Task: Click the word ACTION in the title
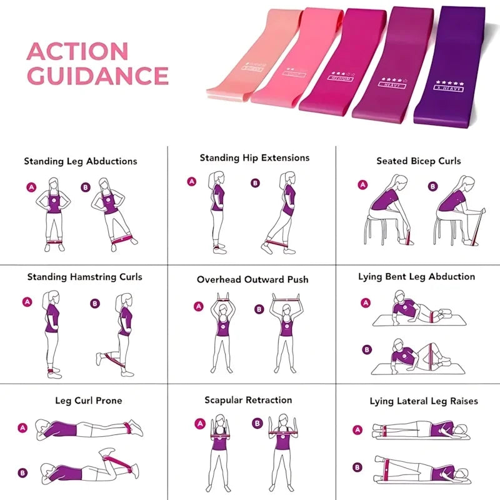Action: pyautogui.click(x=77, y=51)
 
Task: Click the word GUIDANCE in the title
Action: pyautogui.click(x=98, y=76)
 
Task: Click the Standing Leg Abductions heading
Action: pyautogui.click(x=81, y=161)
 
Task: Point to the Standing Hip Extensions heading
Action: pyautogui.click(x=254, y=158)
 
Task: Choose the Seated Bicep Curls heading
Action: pyautogui.click(x=418, y=161)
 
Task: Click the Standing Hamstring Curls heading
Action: pyautogui.click(x=84, y=277)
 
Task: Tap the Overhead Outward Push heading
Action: pyautogui.click(x=252, y=279)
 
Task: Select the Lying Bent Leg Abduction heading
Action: pyautogui.click(x=416, y=276)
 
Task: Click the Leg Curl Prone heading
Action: pyautogui.click(x=88, y=401)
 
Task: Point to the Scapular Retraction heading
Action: pyautogui.click(x=248, y=400)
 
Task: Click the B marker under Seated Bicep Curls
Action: pyautogui.click(x=433, y=186)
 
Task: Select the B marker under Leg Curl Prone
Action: pyautogui.click(x=23, y=473)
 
